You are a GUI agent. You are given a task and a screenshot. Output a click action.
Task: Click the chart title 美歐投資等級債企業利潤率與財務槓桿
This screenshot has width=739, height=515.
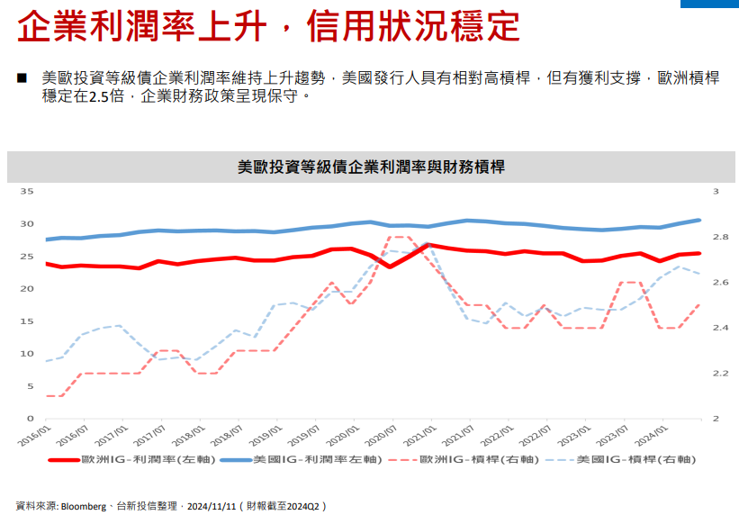point(369,167)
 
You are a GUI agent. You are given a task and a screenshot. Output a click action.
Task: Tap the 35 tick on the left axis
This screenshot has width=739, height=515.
point(27,192)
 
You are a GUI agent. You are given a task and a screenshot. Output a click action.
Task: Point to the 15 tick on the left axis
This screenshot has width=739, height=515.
point(27,321)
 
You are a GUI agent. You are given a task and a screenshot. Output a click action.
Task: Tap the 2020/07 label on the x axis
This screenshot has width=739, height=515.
point(384,436)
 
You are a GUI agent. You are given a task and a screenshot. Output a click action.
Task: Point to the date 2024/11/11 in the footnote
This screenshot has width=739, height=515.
point(211,506)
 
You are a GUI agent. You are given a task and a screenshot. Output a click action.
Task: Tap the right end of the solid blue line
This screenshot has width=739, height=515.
point(699,220)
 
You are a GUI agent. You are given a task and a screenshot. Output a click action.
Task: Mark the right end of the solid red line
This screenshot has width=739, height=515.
point(699,253)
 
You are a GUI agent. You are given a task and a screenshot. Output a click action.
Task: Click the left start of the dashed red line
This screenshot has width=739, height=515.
point(46,395)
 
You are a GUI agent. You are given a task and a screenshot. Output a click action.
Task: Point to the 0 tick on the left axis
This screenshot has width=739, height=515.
point(31,419)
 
